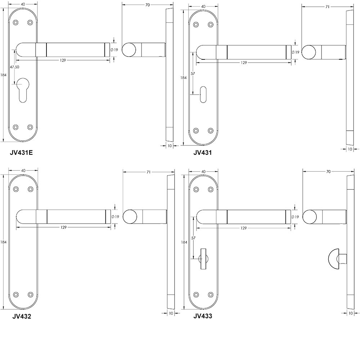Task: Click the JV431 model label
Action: click(x=202, y=152)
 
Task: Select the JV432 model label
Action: click(x=22, y=317)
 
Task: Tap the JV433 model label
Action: click(x=202, y=317)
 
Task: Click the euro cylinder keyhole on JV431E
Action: click(x=22, y=92)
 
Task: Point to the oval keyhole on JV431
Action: click(x=203, y=92)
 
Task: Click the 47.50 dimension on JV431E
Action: click(x=15, y=67)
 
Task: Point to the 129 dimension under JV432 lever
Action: click(x=63, y=227)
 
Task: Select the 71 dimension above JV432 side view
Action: click(x=148, y=172)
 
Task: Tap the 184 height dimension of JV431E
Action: click(x=4, y=75)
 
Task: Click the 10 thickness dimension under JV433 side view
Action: click(x=350, y=313)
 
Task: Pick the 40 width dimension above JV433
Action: click(x=203, y=172)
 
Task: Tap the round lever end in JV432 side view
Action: click(x=130, y=217)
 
